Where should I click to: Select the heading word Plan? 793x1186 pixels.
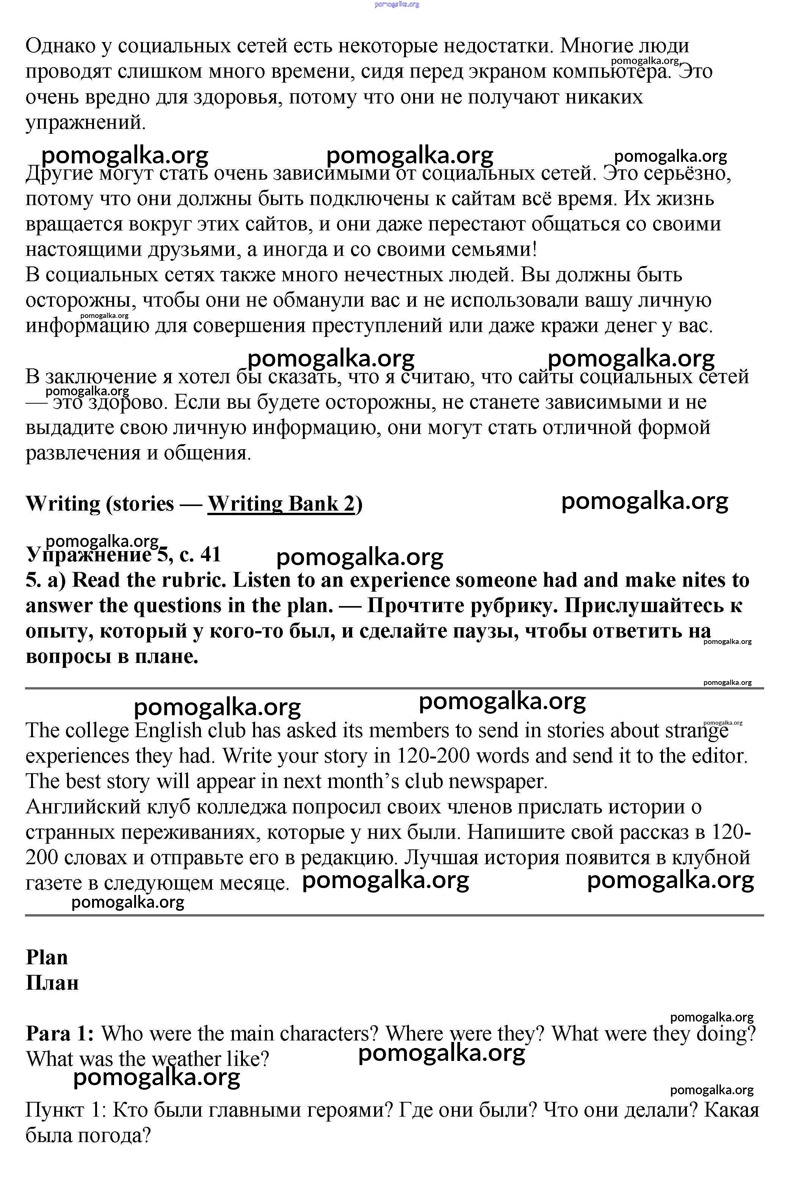(47, 957)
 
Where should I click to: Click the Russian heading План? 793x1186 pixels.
(52, 983)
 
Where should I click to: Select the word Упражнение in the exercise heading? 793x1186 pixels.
(88, 555)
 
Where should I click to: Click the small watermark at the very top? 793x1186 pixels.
(396, 5)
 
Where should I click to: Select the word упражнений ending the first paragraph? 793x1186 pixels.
(85, 122)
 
